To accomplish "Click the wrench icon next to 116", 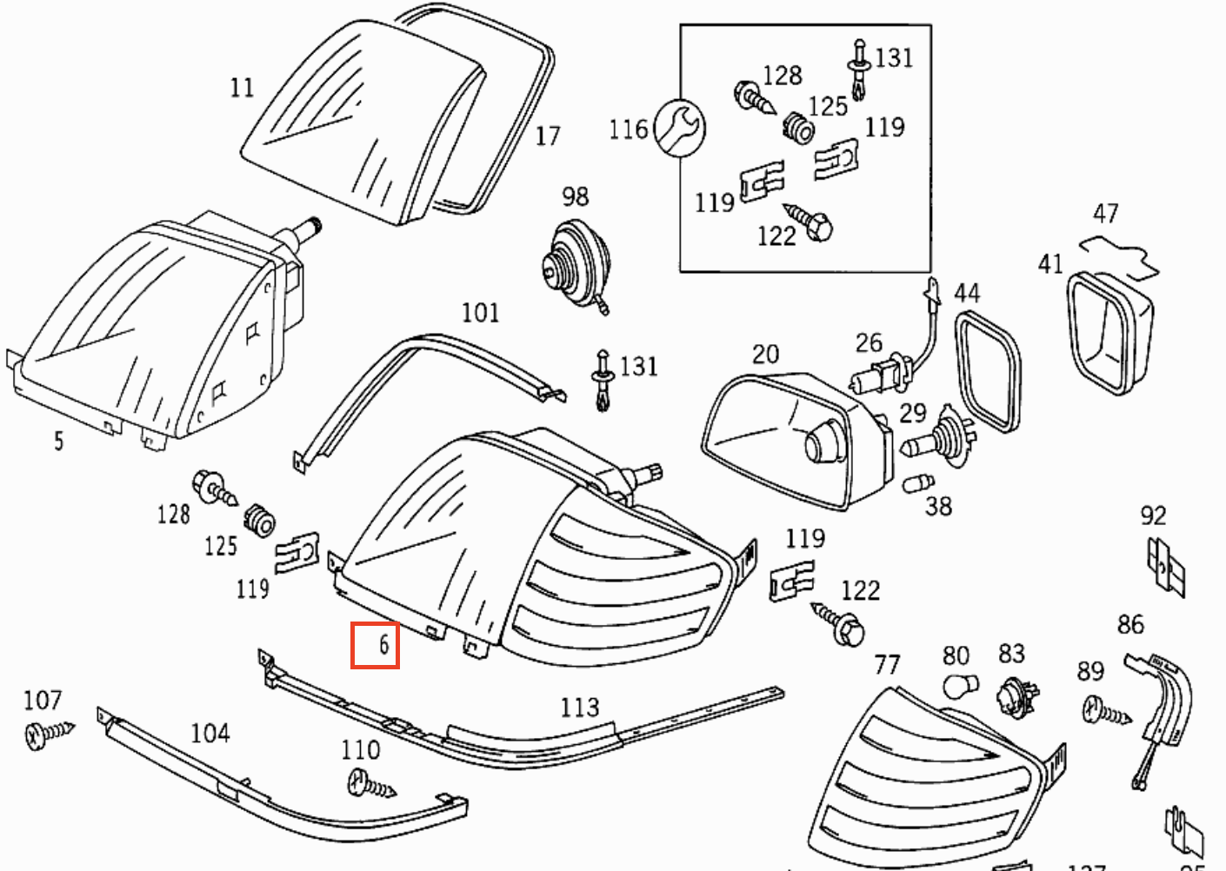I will (x=679, y=129).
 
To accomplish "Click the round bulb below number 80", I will (x=961, y=685).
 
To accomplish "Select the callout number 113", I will (x=579, y=707).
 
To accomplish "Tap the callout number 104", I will (x=210, y=733).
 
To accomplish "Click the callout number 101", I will (x=480, y=312).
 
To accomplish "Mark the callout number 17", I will (x=547, y=136).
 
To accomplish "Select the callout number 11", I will (x=243, y=87).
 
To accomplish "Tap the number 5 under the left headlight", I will (x=58, y=441).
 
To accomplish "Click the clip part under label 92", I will (x=1166, y=568).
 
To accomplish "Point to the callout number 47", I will (x=1105, y=213).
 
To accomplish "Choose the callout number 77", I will (x=887, y=665).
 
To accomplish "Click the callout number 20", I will (x=765, y=354).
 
